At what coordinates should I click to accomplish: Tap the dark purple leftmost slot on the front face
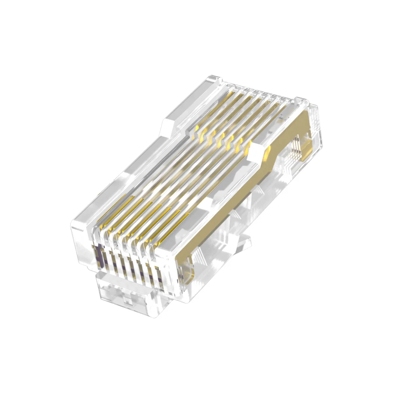pyautogui.click(x=97, y=255)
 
